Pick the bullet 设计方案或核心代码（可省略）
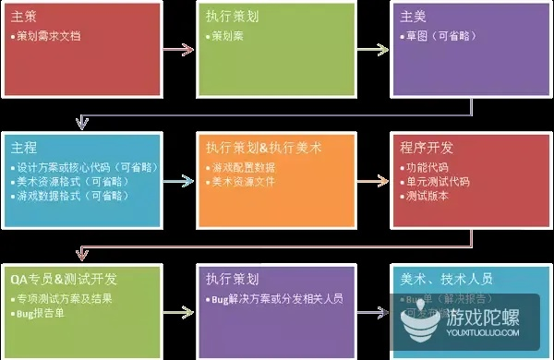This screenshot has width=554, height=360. tap(88, 168)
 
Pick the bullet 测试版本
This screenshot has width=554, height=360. tap(426, 198)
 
